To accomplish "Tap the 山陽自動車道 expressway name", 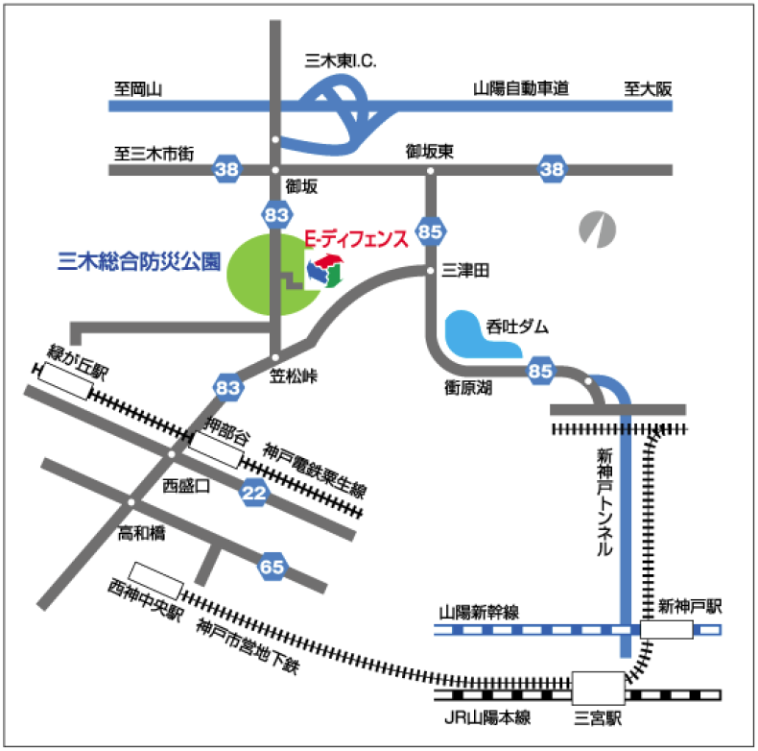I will click(x=521, y=89).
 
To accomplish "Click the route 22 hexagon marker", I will click(x=254, y=492).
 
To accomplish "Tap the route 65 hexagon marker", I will click(x=272, y=567).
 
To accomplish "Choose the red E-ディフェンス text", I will click(x=355, y=237).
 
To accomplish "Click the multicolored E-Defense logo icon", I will click(x=324, y=270).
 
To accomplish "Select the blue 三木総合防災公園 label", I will click(x=139, y=259).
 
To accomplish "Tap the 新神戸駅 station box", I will click(x=667, y=629).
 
